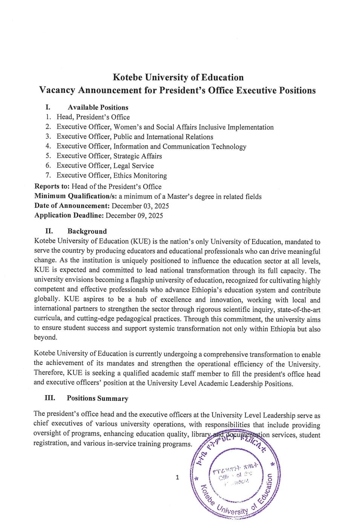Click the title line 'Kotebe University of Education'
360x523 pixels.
pyautogui.click(x=178, y=78)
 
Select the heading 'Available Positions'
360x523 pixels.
pyautogui.click(x=98, y=107)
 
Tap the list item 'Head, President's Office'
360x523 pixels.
pyautogui.click(x=93, y=117)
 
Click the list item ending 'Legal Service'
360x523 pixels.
pyautogui.click(x=105, y=166)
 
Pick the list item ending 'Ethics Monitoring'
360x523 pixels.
pyautogui.click(x=112, y=175)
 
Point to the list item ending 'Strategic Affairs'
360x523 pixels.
pyautogui.click(x=109, y=156)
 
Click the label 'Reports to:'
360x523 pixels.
pyautogui.click(x=52, y=186)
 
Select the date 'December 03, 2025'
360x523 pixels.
pyautogui.click(x=140, y=206)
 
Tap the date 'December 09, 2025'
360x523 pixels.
pyautogui.click(x=134, y=216)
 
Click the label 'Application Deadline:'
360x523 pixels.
pyautogui.click(x=69, y=216)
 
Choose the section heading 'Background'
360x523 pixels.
pyautogui.click(x=87, y=232)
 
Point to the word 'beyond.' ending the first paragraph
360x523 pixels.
pyautogui.click(x=46, y=337)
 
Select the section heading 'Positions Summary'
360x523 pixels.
pyautogui.click(x=97, y=399)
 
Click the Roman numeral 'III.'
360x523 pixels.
pyautogui.click(x=50, y=398)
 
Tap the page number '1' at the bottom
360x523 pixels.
pyautogui.click(x=177, y=478)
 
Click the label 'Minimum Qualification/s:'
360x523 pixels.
pyautogui.click(x=75, y=196)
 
